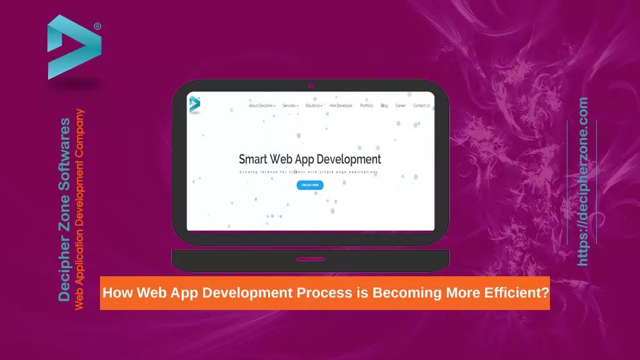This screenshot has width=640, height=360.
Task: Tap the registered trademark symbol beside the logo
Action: point(97,26)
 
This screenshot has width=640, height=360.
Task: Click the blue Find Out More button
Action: point(310,185)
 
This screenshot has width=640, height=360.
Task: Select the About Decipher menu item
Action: point(262,106)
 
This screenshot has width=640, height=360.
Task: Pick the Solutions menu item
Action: point(314,106)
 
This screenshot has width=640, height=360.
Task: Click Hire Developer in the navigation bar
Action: point(341,106)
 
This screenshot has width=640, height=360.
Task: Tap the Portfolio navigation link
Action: point(367,106)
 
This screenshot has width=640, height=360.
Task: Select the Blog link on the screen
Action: point(384,106)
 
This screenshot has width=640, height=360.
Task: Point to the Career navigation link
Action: point(401,106)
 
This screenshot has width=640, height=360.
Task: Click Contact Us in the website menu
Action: point(421,106)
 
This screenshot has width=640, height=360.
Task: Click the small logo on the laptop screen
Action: point(194,104)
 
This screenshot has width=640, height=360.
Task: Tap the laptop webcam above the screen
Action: point(310,85)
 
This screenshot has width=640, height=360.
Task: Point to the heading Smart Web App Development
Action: point(310,159)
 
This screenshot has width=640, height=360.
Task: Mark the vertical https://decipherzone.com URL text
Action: point(583,181)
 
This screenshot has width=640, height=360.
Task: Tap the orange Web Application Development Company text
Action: point(79,209)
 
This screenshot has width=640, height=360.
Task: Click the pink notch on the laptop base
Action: point(310,259)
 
